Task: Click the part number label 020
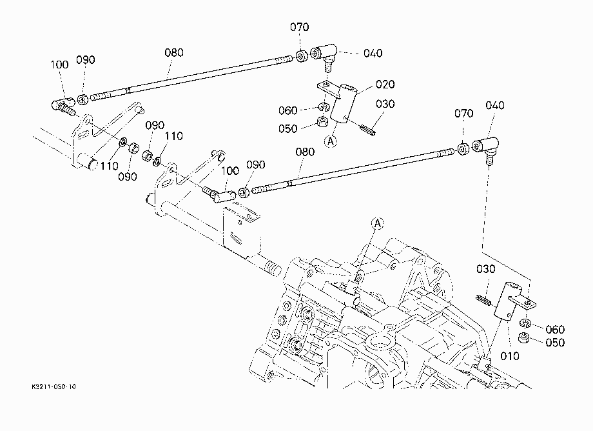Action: [385, 84]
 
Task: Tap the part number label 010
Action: [509, 356]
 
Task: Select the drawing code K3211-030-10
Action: [53, 386]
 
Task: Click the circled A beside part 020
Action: [331, 141]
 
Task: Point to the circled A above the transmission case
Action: [378, 224]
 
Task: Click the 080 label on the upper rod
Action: [174, 53]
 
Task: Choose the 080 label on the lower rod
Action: [305, 152]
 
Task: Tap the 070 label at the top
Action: [300, 27]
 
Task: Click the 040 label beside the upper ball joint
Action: [373, 54]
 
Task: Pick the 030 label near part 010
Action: [485, 269]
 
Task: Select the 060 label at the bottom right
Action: [555, 330]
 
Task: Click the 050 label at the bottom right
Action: [555, 343]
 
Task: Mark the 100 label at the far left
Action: [59, 65]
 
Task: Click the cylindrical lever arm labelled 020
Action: [343, 103]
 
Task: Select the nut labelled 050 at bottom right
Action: [524, 337]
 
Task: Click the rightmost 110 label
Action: [173, 136]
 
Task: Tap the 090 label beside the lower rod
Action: [256, 165]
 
